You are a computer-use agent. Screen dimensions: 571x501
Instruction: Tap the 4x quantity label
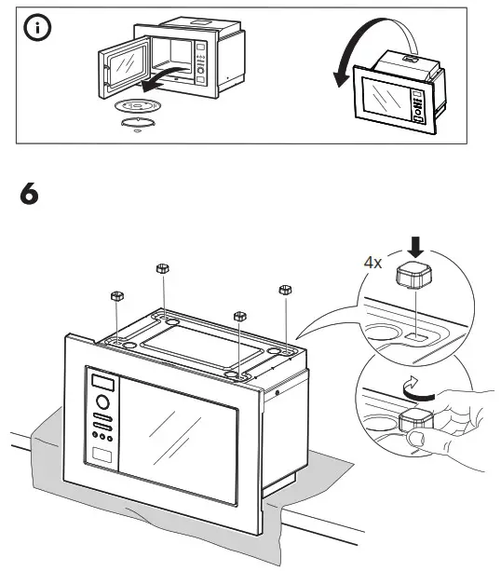372,262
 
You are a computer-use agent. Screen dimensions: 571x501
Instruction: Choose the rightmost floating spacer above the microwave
286,291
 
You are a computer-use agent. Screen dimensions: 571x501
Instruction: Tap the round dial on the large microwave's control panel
103,405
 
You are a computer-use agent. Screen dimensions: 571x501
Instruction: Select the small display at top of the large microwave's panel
102,382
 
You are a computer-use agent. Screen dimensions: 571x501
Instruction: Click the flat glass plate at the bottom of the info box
138,122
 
